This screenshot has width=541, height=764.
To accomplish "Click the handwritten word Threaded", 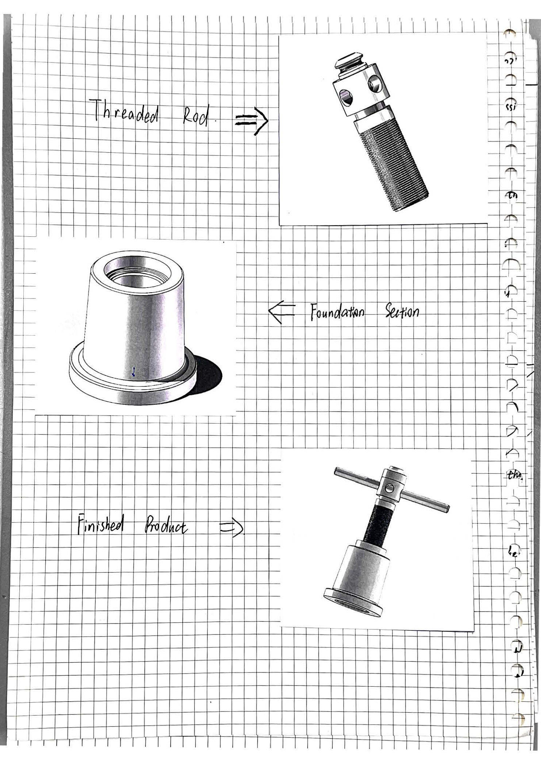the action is coord(126,111).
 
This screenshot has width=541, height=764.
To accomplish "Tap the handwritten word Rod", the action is coord(196,116).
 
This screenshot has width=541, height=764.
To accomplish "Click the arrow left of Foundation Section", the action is coord(282,312).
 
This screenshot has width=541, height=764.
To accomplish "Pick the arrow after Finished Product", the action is coord(232,528).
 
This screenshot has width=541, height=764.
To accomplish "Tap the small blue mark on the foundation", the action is coord(134,372).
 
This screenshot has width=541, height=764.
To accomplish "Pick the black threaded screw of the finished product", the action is coord(378,522).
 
